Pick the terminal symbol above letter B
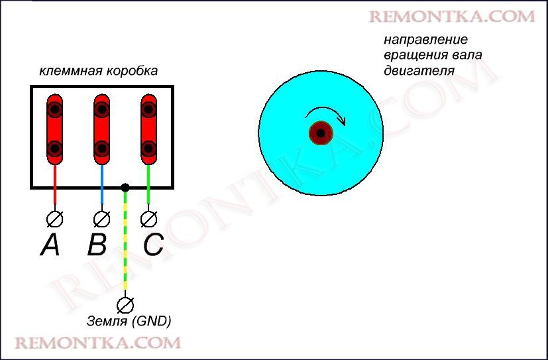101,218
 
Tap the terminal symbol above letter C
149,218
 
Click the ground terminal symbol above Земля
125,304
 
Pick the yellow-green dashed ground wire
125,245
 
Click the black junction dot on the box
125,188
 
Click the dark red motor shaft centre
321,133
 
